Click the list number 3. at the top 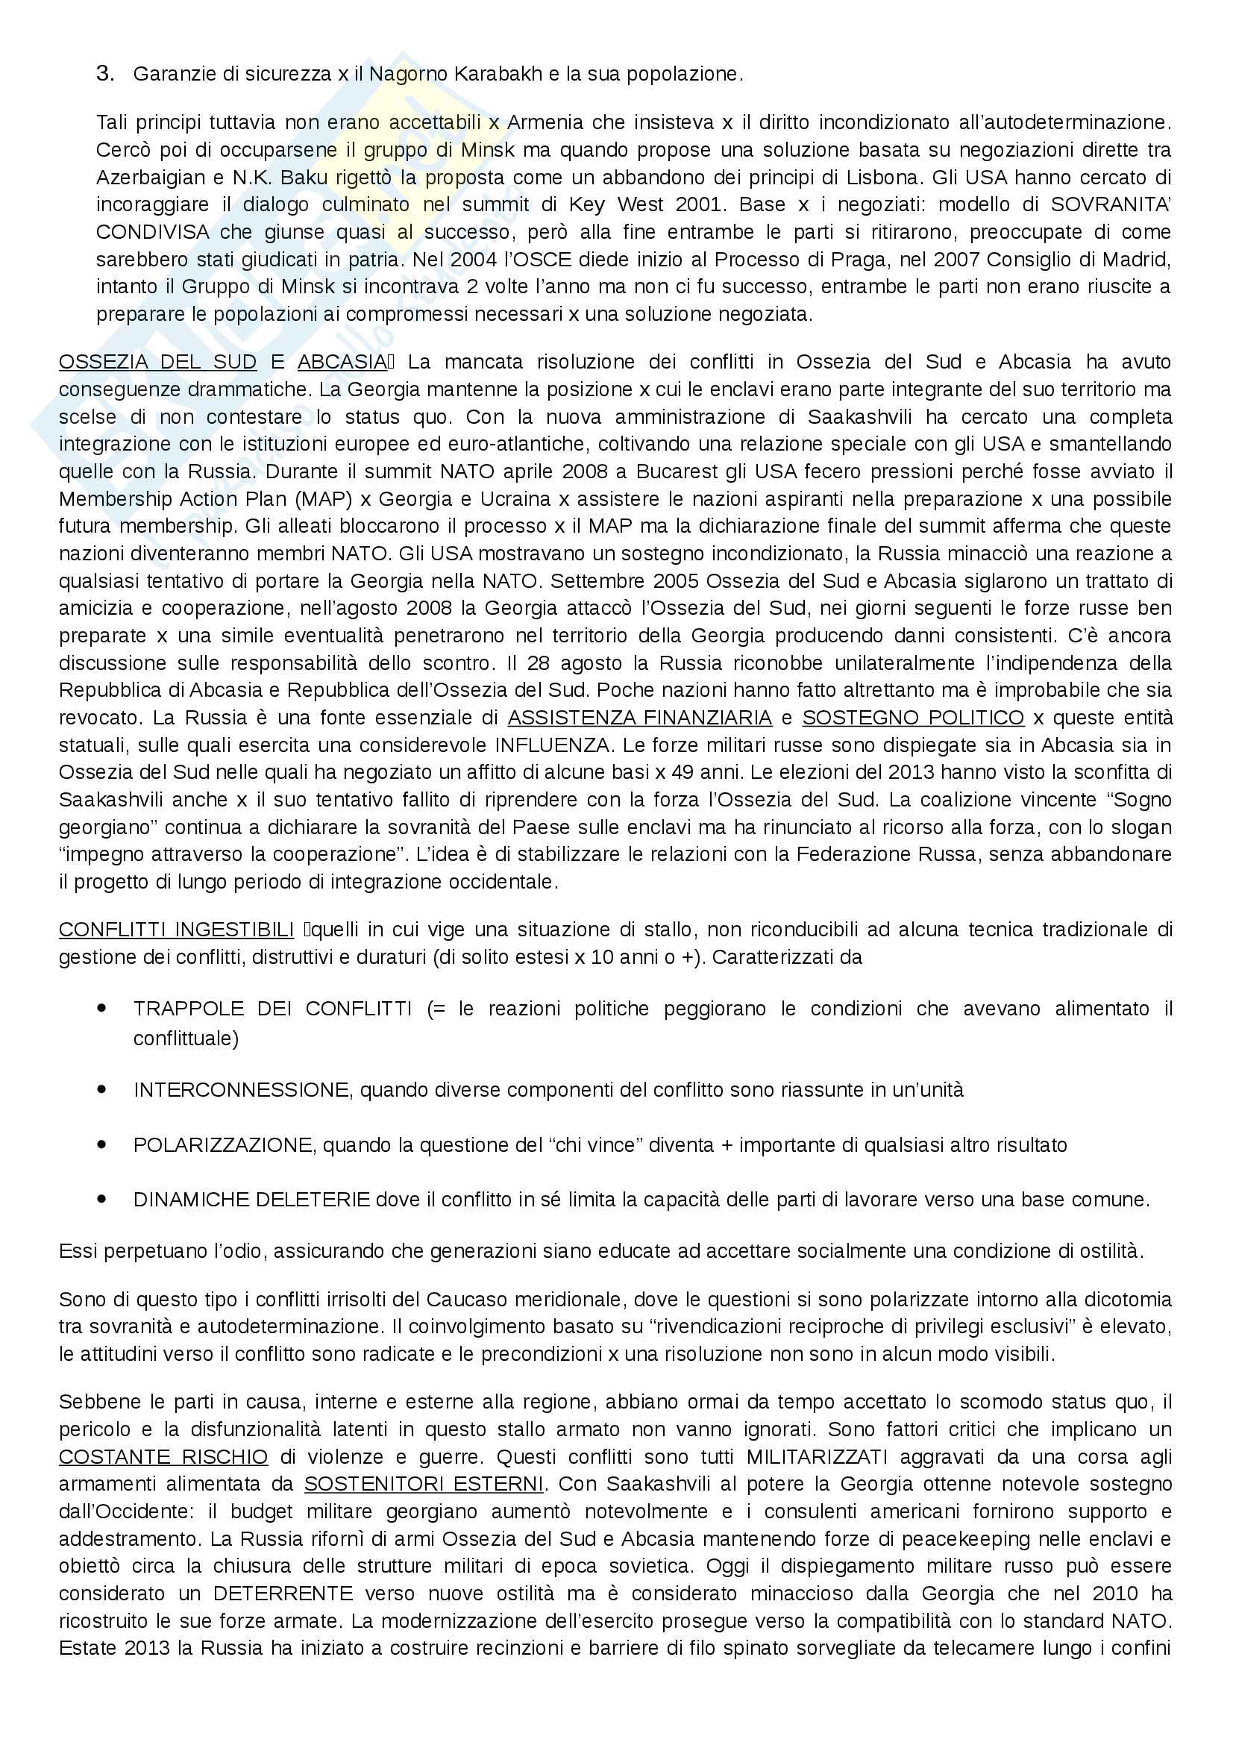(x=105, y=74)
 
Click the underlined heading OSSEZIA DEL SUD (x=157, y=362)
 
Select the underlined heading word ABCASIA (x=342, y=362)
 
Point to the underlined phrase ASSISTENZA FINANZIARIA (x=640, y=718)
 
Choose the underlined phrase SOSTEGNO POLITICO (x=912, y=718)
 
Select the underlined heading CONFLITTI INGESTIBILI (x=176, y=930)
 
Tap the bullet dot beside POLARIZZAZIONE (x=101, y=1144)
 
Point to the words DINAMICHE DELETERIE (x=251, y=1200)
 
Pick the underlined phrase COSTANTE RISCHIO (x=163, y=1457)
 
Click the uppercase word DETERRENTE (x=283, y=1594)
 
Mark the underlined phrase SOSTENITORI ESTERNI (x=424, y=1485)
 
